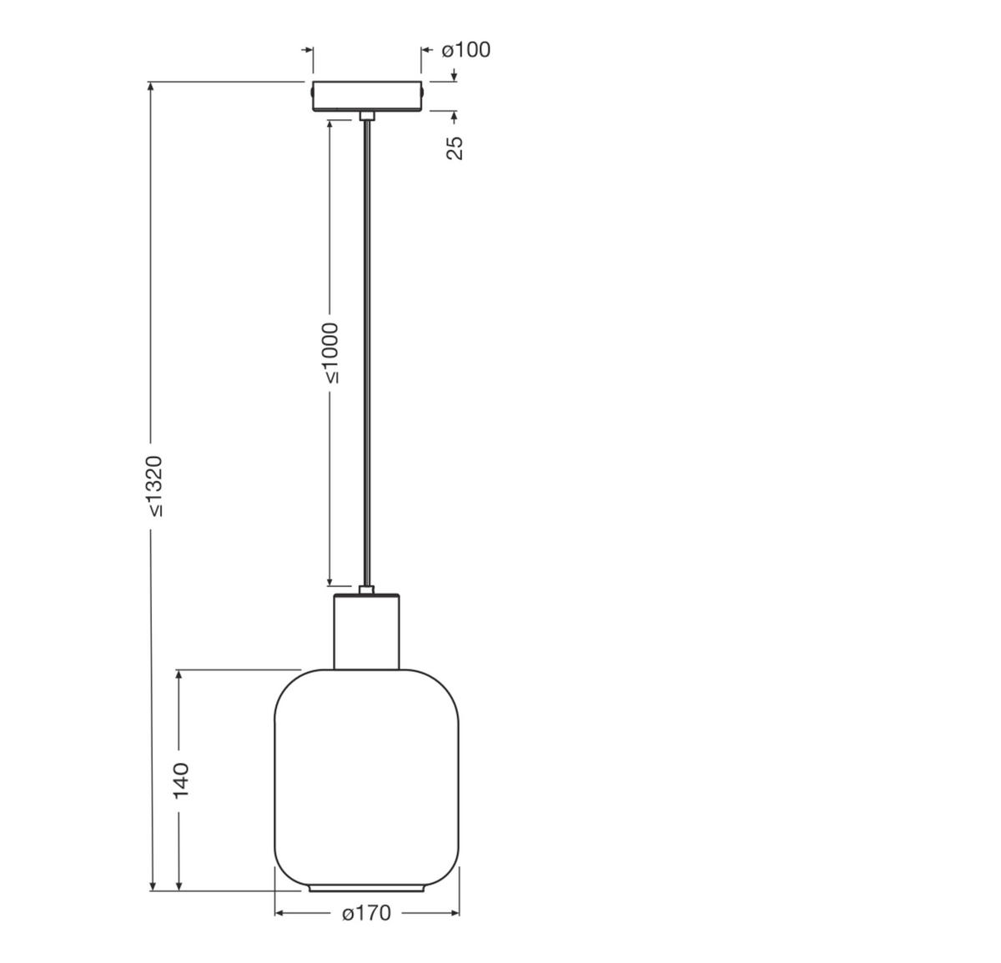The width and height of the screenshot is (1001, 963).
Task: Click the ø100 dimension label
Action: click(466, 50)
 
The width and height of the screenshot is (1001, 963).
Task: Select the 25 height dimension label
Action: click(455, 147)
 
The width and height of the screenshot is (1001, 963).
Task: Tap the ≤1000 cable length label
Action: click(330, 353)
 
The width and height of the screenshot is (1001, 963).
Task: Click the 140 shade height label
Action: click(181, 780)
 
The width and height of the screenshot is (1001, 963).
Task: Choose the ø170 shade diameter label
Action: click(366, 914)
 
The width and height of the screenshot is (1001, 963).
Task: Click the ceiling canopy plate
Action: click(367, 95)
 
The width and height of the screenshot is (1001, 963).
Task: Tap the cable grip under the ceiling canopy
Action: click(366, 115)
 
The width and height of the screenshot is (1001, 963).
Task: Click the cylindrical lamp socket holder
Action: click(366, 631)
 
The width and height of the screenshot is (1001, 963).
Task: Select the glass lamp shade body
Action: click(367, 775)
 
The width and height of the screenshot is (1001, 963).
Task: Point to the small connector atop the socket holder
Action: click(366, 589)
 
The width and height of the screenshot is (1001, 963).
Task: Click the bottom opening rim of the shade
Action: click(366, 889)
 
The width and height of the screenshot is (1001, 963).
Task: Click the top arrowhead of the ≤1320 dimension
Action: click(151, 88)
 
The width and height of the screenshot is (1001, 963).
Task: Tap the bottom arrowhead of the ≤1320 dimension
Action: click(152, 885)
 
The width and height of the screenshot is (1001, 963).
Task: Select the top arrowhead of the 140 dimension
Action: click(179, 675)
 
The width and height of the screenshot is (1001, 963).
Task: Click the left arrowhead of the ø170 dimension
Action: click(279, 913)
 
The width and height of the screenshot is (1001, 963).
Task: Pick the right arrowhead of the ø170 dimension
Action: click(455, 913)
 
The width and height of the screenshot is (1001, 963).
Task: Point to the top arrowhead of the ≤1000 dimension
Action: click(330, 124)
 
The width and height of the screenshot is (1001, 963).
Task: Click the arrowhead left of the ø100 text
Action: click(425, 51)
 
